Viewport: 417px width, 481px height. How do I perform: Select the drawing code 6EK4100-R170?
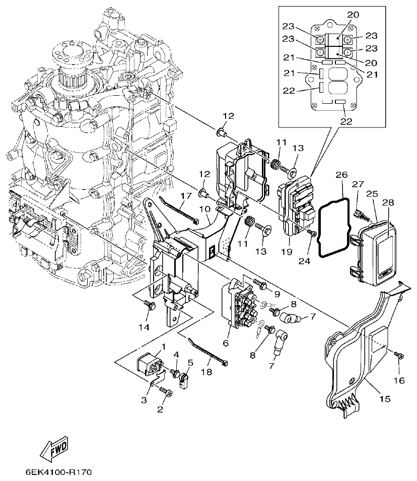(58, 473)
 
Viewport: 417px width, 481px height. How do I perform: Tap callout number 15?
(384, 399)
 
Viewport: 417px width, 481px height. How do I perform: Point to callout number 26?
(341, 175)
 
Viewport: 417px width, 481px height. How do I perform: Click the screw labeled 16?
(399, 357)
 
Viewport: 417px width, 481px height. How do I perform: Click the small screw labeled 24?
(312, 233)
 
